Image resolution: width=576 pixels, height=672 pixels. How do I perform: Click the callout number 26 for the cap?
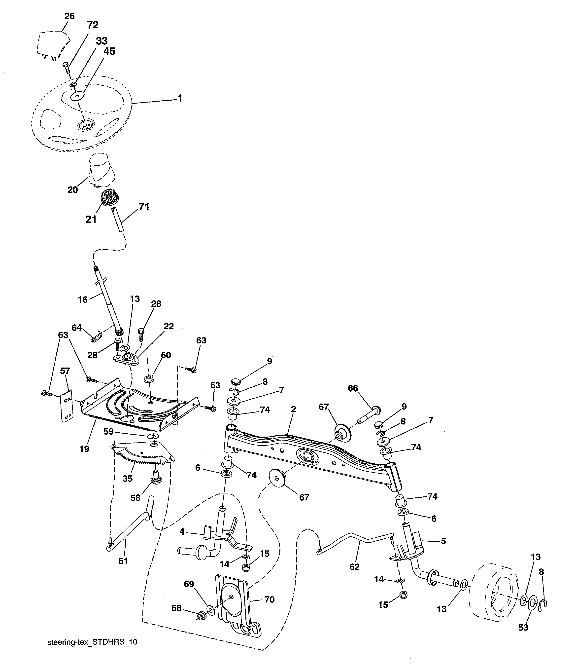[x=69, y=16]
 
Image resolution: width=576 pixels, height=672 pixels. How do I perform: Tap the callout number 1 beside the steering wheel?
[x=180, y=98]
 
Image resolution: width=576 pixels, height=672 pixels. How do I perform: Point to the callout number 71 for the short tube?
[x=144, y=207]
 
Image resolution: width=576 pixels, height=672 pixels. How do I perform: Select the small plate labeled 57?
[x=67, y=407]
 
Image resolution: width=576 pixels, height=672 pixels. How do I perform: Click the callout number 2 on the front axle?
[x=293, y=409]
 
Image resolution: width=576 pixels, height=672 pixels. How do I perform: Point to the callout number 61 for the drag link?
[x=123, y=561]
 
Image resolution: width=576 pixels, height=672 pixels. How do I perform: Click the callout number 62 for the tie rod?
[x=354, y=567]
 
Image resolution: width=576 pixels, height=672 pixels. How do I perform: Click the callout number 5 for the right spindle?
[x=443, y=541]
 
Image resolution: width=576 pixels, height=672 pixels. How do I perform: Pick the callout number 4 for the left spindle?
[x=182, y=532]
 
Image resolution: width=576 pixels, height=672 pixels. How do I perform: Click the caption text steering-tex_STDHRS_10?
[x=92, y=642]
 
